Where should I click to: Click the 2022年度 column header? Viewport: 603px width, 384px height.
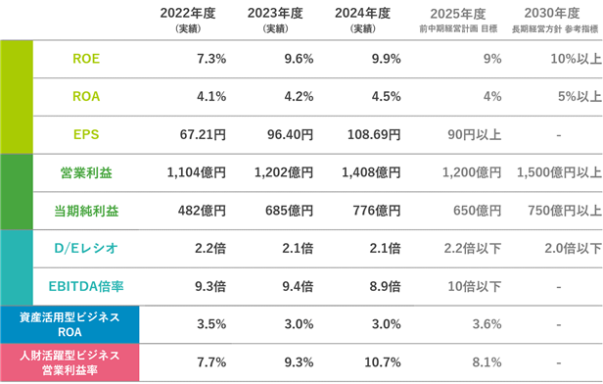[188, 14]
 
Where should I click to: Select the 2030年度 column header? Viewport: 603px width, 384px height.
[552, 14]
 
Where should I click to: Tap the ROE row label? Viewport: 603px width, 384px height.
[86, 59]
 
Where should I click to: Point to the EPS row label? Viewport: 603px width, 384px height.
[86, 134]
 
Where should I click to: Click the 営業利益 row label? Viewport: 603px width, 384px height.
[86, 172]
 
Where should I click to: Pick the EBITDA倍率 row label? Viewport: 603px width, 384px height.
[86, 287]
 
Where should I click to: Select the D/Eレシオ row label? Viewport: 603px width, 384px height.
[86, 249]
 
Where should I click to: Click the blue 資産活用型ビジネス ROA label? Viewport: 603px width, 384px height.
[70, 325]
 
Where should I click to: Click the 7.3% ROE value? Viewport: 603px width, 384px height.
[211, 59]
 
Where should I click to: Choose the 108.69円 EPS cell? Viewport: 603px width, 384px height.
[374, 134]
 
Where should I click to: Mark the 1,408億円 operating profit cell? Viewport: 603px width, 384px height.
[371, 172]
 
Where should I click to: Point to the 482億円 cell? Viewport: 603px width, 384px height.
[202, 211]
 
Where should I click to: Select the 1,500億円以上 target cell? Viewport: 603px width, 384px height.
[559, 172]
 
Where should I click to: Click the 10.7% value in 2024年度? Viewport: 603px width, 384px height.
[383, 362]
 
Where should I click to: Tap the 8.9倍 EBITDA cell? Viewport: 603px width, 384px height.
[386, 287]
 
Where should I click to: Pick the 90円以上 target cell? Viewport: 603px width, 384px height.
[475, 134]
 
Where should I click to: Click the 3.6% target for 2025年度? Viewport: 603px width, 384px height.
[487, 324]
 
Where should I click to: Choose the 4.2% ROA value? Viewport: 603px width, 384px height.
[299, 97]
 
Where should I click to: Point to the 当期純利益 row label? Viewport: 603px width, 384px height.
[86, 211]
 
